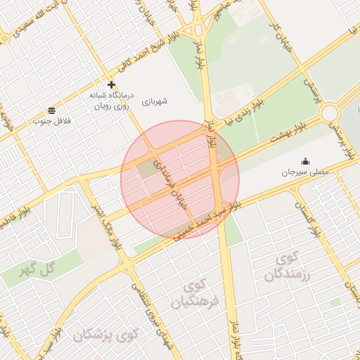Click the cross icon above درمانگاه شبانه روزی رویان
tap(111, 84)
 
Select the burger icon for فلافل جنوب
tap(52, 110)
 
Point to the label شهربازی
tap(155, 102)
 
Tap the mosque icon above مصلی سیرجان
tap(304, 161)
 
